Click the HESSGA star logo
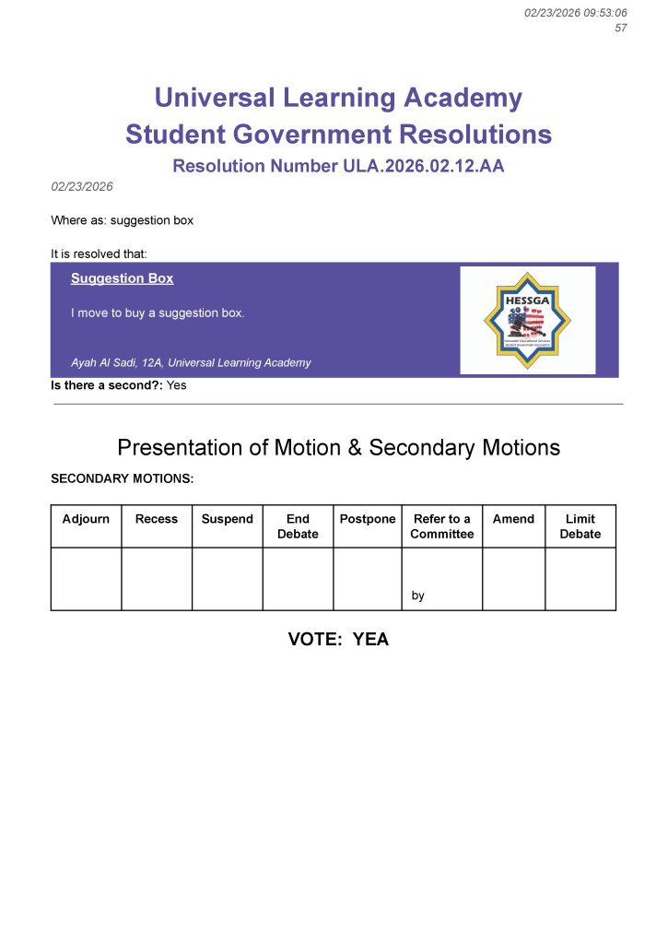[x=527, y=320]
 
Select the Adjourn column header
[x=86, y=519]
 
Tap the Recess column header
[x=157, y=519]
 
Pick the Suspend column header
[x=227, y=519]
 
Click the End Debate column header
[x=298, y=526]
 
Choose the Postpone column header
[x=368, y=519]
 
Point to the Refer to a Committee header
[x=442, y=526]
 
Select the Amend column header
[x=513, y=519]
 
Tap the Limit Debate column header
[x=580, y=526]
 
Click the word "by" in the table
[x=418, y=596]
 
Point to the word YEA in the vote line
[x=370, y=639]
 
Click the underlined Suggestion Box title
[x=122, y=278]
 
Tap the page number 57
[x=621, y=28]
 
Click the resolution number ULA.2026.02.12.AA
[x=407, y=167]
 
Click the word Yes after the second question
[x=176, y=385]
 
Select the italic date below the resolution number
[x=82, y=186]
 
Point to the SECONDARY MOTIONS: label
[x=122, y=479]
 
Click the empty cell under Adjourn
[x=86, y=579]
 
